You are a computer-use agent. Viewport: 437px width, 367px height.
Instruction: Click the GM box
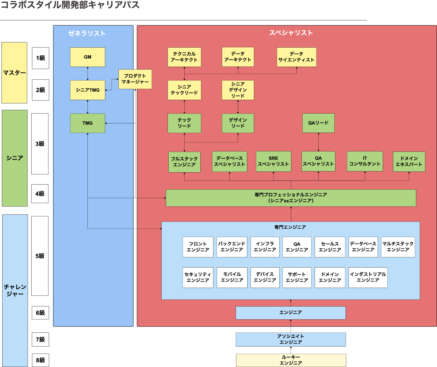87,57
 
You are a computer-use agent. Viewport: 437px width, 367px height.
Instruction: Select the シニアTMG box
87,90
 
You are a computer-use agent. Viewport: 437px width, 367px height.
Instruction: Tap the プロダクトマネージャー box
135,79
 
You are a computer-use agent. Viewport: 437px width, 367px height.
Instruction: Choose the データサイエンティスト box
296,57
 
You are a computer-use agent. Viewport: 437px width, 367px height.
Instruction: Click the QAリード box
318,123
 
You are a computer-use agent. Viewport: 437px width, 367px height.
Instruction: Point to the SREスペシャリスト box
273,161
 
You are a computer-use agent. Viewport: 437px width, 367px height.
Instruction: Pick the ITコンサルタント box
365,161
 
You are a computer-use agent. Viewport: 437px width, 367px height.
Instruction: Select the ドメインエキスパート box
409,162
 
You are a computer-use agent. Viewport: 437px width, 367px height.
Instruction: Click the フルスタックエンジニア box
184,162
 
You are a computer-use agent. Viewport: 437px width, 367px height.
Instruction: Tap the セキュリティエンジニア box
198,277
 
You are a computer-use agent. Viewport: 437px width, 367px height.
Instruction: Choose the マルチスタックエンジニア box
398,247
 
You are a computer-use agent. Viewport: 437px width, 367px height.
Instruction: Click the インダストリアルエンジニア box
368,277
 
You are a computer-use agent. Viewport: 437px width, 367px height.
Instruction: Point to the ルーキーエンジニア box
291,360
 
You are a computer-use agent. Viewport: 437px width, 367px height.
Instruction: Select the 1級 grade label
40,58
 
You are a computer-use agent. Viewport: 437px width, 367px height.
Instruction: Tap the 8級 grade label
40,360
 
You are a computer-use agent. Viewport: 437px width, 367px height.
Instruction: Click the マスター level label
15,72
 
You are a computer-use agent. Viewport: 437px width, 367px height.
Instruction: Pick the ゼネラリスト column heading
87,33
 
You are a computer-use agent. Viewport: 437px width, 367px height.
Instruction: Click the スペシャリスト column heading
291,33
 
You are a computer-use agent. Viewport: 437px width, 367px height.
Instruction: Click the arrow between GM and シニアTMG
87,74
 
